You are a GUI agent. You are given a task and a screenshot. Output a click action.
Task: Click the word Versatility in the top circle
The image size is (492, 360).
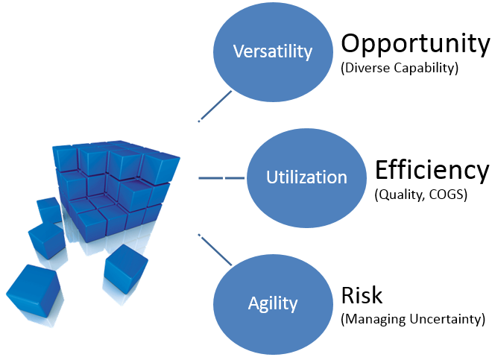273,51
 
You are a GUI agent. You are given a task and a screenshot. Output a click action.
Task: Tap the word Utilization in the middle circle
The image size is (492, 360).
306,177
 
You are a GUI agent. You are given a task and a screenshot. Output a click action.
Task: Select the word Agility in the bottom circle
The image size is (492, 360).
273,304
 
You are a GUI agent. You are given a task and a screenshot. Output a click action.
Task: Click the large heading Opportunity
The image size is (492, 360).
415,45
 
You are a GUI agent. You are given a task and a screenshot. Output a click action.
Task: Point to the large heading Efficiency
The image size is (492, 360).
432,170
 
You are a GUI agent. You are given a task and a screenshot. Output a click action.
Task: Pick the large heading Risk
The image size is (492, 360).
362,295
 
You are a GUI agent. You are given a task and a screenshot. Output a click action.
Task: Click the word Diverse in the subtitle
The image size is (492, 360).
366,68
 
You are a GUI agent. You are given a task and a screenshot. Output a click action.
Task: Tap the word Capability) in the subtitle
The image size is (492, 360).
426,68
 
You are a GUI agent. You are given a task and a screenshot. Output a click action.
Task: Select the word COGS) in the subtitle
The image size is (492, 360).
448,195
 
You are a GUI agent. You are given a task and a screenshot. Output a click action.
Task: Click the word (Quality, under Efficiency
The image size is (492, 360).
400,195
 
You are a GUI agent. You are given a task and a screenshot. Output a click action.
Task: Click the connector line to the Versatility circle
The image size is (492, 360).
215,106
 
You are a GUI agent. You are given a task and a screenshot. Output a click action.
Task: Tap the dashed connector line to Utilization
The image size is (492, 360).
221,178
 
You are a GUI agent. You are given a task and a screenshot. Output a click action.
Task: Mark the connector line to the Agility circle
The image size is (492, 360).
215,250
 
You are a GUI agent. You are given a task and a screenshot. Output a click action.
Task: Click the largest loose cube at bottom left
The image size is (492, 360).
34,291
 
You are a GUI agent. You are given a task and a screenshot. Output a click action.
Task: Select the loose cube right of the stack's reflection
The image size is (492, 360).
126,269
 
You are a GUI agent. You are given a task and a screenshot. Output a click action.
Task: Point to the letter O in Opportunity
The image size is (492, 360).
352,43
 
